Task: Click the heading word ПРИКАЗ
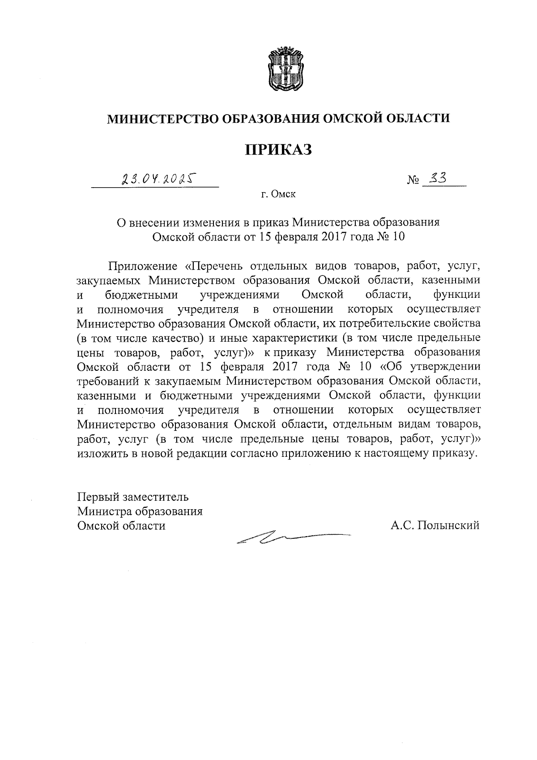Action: coord(277,149)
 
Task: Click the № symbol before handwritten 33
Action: coord(413,180)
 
